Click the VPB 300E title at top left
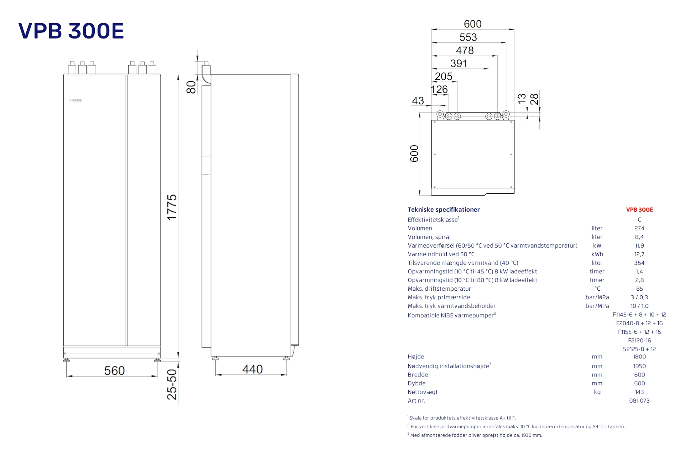coord(71,31)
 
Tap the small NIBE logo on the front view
coord(76,100)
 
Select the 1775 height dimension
coord(172,207)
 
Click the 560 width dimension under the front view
coord(114,370)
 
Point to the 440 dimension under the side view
coord(252,369)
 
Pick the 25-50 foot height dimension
coord(172,384)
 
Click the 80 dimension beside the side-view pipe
coord(191,87)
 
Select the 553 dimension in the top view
coord(468,37)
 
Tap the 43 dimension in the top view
coord(418,101)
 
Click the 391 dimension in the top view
coord(459,63)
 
